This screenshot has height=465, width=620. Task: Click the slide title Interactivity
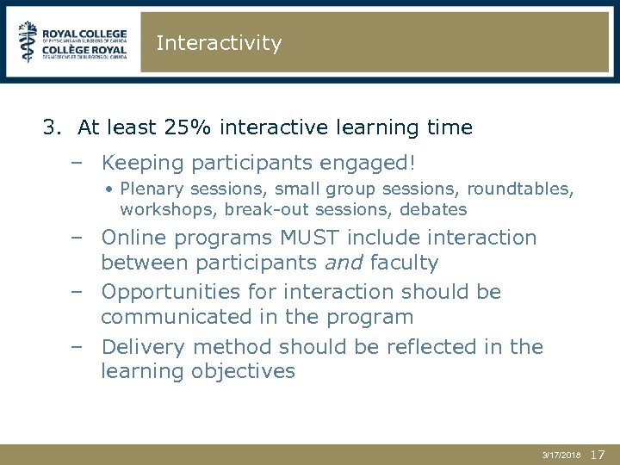[219, 43]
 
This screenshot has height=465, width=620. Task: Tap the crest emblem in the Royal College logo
[29, 41]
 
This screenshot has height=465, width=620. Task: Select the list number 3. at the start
[53, 128]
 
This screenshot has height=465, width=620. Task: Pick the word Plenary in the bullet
[148, 189]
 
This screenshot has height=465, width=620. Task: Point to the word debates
[435, 209]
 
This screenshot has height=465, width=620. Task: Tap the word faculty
[404, 263]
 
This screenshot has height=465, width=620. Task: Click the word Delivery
[143, 347]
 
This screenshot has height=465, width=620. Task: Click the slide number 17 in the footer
[599, 454]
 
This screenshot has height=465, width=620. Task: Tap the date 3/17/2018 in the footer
[561, 455]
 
